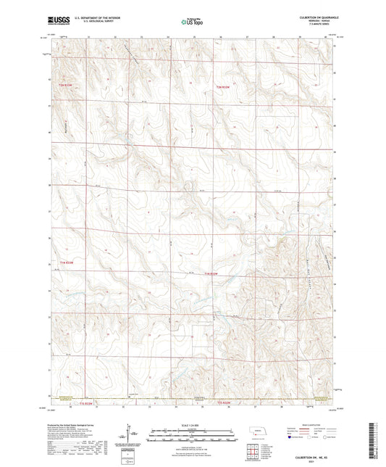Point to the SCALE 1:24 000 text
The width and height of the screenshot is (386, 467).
point(192,425)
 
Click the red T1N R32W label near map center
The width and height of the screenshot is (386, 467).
point(211,273)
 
